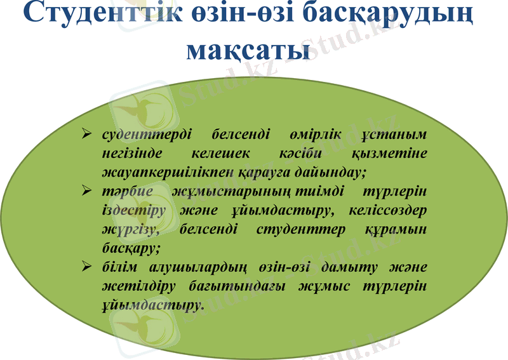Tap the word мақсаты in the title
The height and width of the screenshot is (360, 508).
(x=248, y=50)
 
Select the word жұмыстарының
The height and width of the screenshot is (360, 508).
(x=231, y=191)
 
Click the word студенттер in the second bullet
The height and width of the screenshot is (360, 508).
(x=302, y=229)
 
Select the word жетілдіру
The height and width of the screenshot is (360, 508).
(x=134, y=286)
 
